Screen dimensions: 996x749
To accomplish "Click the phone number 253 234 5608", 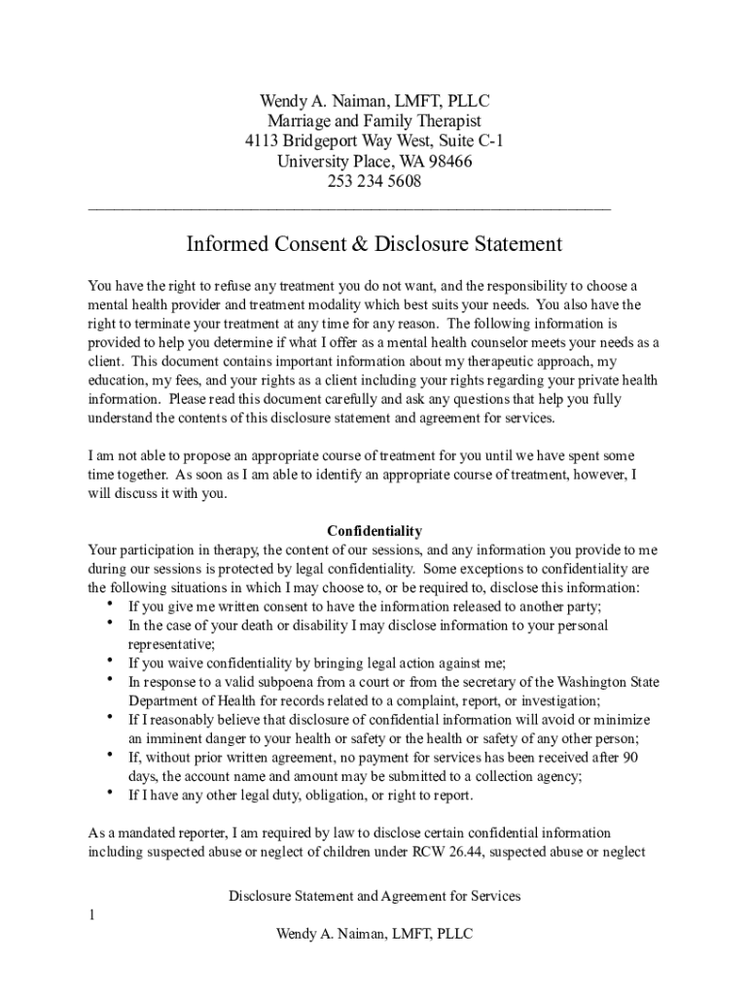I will (x=374, y=183).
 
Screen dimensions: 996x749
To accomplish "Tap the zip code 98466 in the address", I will (x=450, y=162).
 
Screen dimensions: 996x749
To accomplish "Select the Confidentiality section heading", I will (x=374, y=531).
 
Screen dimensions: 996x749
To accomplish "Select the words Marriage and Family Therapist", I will (x=374, y=122).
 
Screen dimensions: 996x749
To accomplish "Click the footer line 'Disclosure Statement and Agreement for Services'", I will (x=374, y=896).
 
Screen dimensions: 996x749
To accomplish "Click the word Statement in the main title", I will (x=507, y=243).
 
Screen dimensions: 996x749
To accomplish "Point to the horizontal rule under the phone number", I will (x=349, y=207).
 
